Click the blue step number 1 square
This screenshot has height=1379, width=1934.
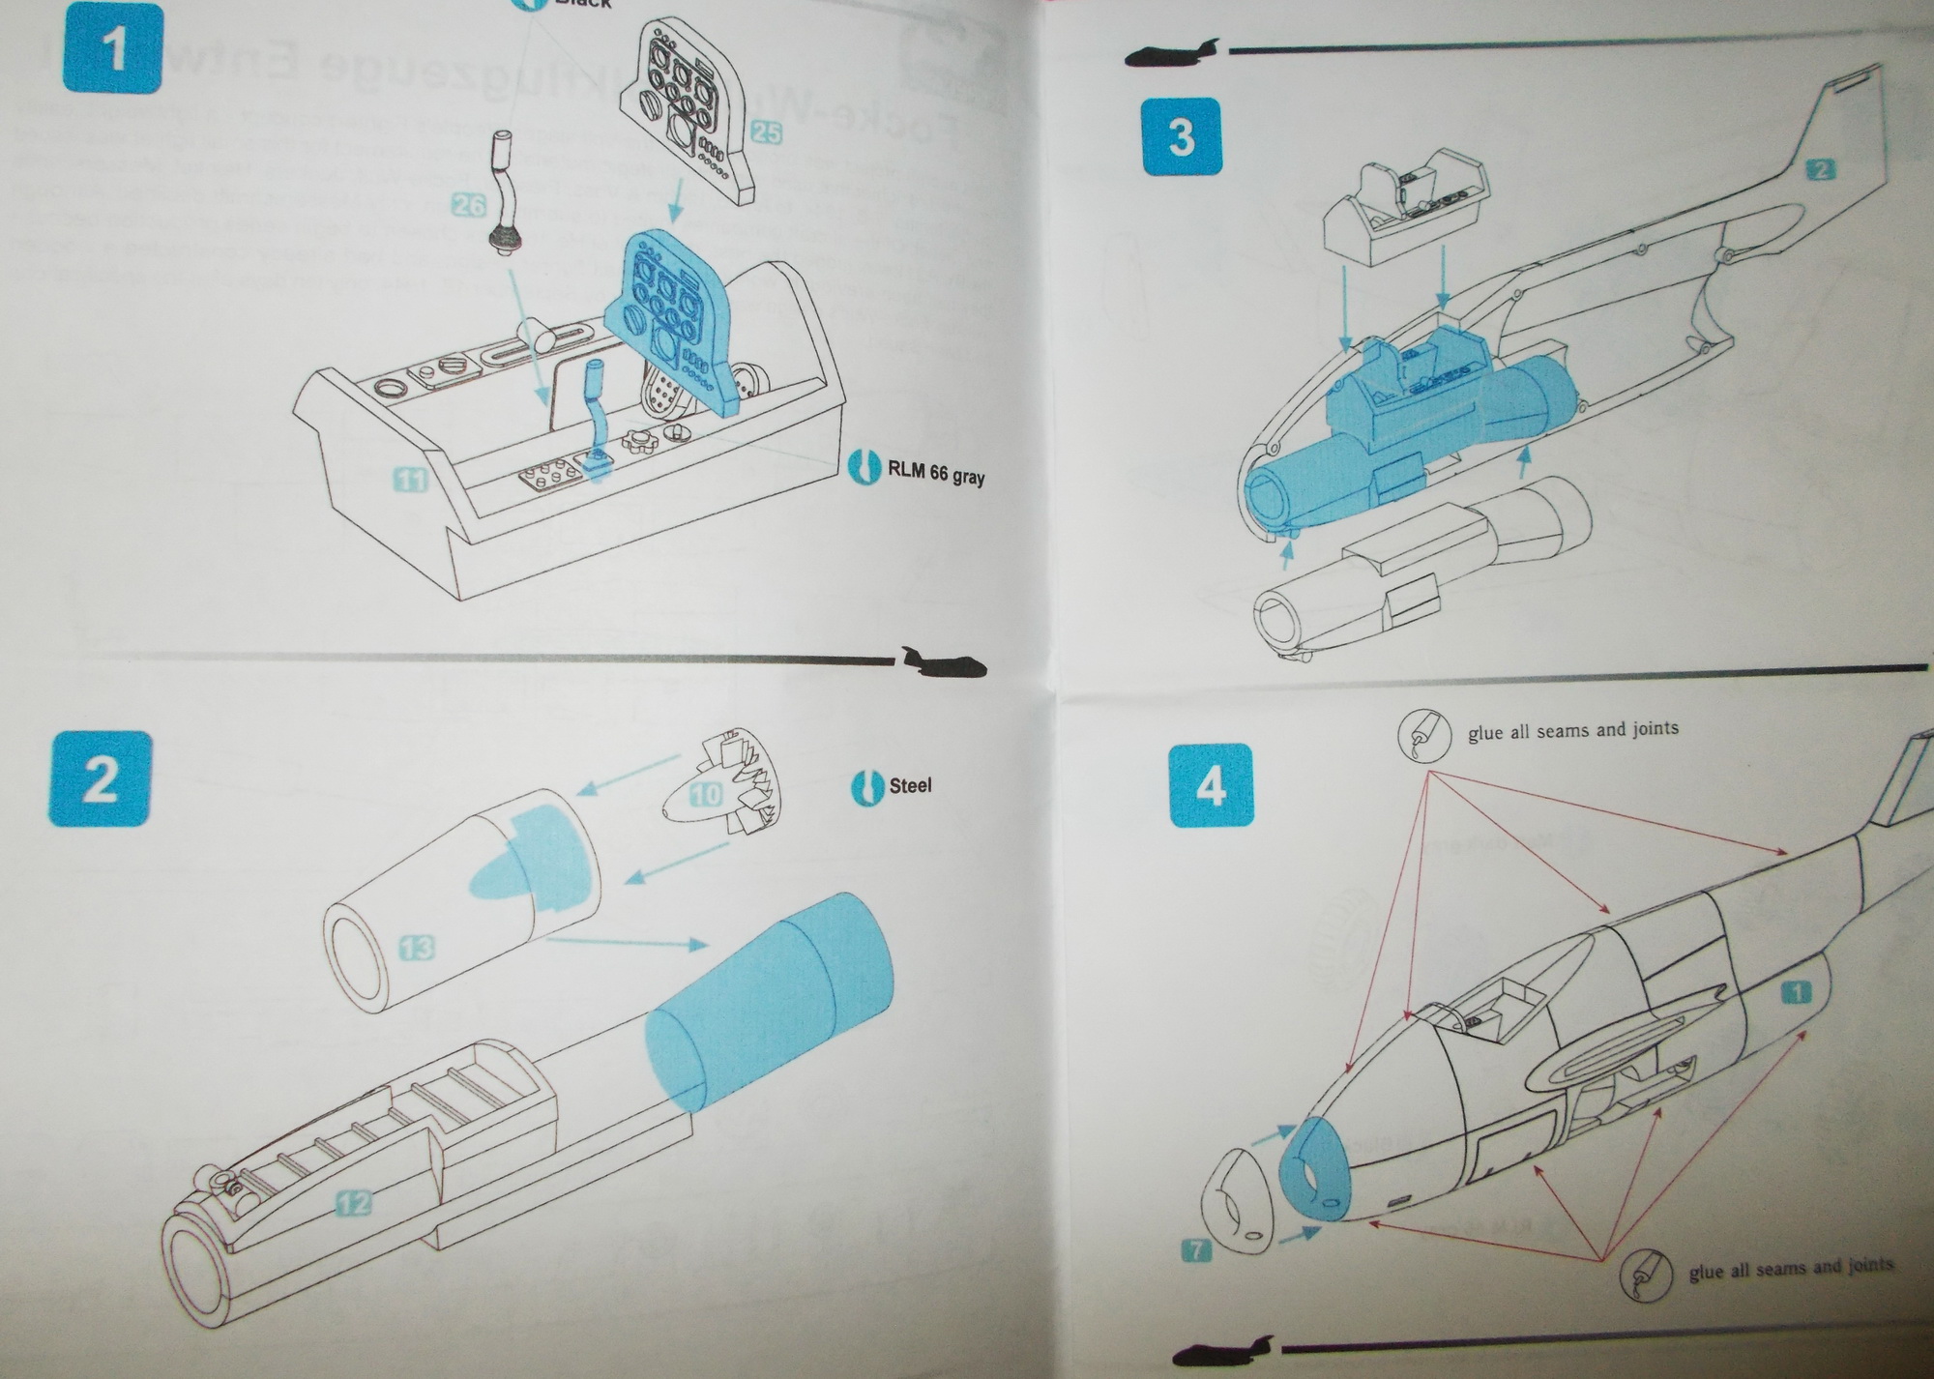(x=113, y=47)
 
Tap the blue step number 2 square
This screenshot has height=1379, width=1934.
(x=100, y=779)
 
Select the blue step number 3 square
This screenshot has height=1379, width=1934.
(x=1182, y=137)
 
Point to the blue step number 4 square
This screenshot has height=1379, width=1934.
(x=1211, y=786)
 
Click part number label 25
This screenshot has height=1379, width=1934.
(x=765, y=132)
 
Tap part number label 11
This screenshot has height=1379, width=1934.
(x=411, y=478)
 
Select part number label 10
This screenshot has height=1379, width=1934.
(x=706, y=795)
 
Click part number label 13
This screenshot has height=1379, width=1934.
(x=417, y=948)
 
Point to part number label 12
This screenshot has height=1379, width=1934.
(x=354, y=1204)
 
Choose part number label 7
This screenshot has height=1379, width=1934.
(x=1196, y=1250)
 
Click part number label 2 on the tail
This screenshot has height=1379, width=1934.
(x=1819, y=170)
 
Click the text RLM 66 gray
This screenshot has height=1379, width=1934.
(x=935, y=474)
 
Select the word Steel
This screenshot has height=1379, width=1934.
(x=910, y=785)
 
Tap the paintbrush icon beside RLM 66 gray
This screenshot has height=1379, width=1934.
(x=862, y=465)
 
